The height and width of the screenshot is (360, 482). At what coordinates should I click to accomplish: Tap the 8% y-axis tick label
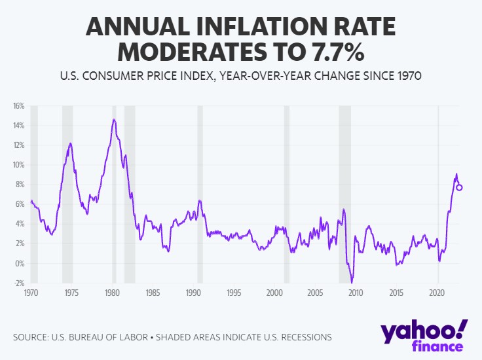(x=19, y=185)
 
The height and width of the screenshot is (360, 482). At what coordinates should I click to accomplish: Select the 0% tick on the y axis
(x=19, y=263)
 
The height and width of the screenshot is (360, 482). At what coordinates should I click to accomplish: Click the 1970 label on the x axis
(x=31, y=293)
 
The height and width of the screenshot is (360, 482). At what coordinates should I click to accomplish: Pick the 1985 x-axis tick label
(x=153, y=293)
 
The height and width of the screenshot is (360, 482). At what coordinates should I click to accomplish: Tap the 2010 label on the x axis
(x=356, y=293)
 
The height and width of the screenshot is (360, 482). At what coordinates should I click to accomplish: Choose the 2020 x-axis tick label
(x=437, y=293)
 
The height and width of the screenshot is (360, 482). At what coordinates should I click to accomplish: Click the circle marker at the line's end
(x=460, y=187)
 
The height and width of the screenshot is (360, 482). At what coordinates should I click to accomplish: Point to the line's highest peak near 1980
(x=114, y=119)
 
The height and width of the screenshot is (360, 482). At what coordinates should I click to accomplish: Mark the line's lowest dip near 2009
(x=352, y=282)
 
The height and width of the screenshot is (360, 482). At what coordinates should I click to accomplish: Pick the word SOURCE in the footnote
(x=31, y=338)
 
